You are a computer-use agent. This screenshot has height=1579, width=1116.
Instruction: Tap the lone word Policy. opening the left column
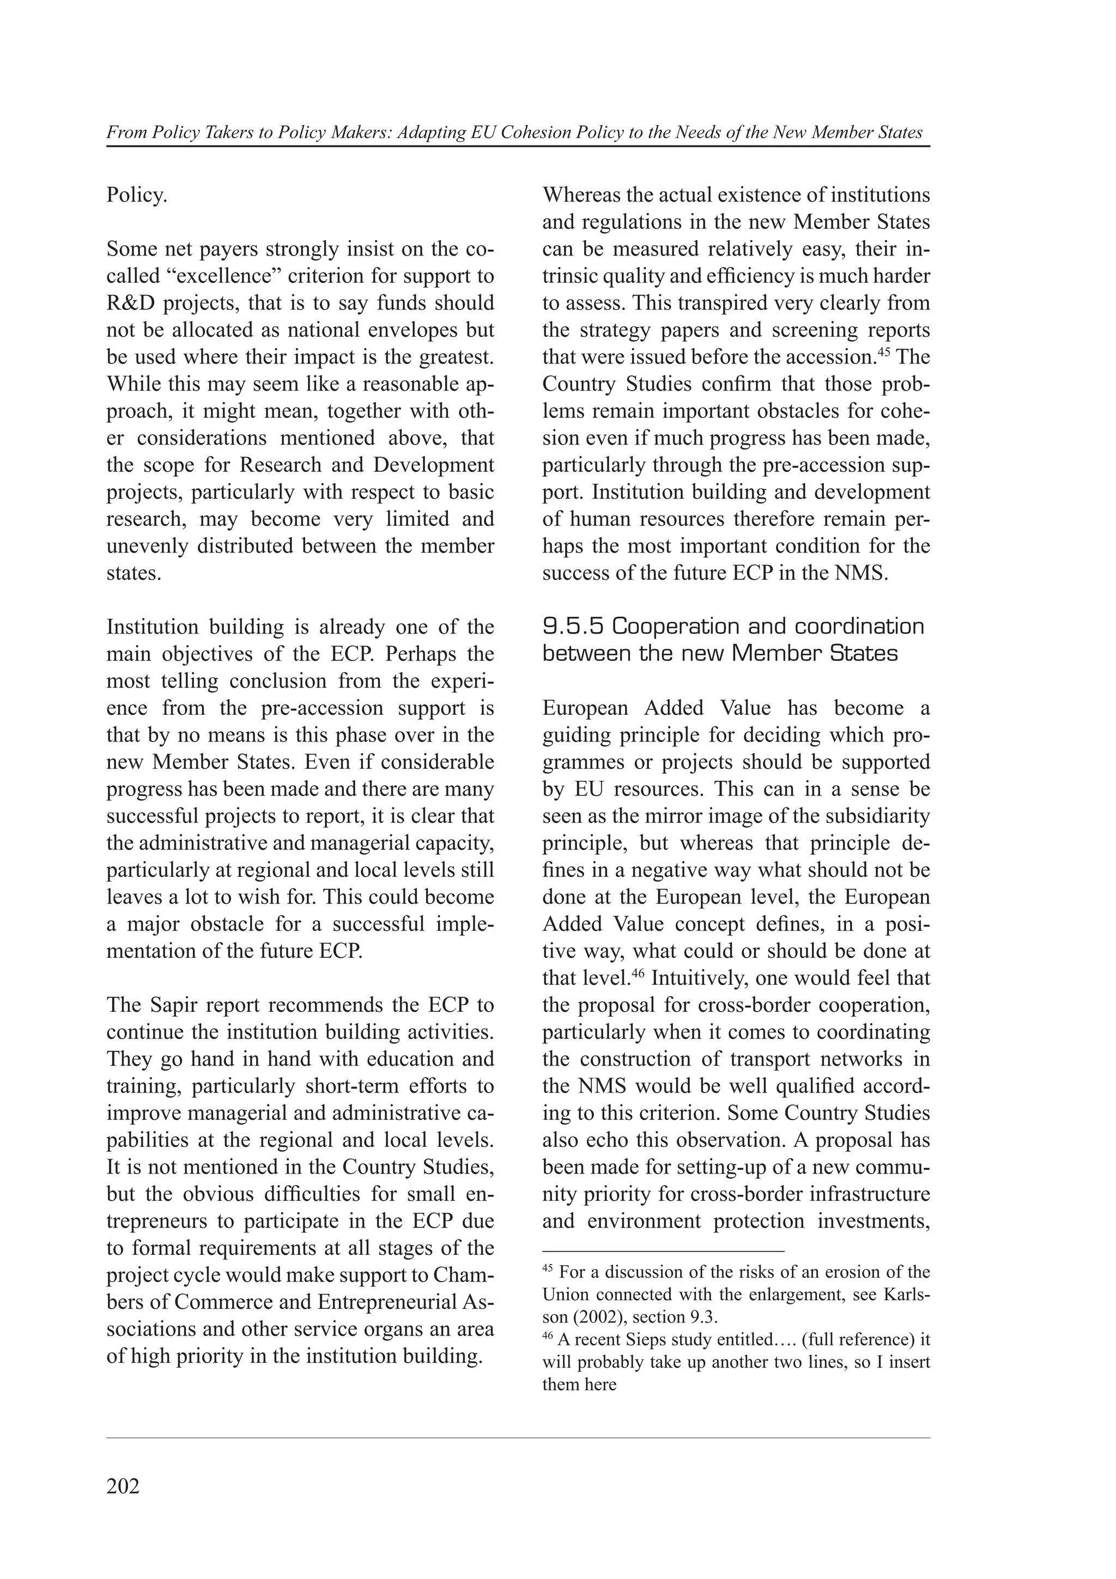tap(137, 195)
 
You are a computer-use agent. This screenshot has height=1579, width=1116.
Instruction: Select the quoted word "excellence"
tap(221, 276)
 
